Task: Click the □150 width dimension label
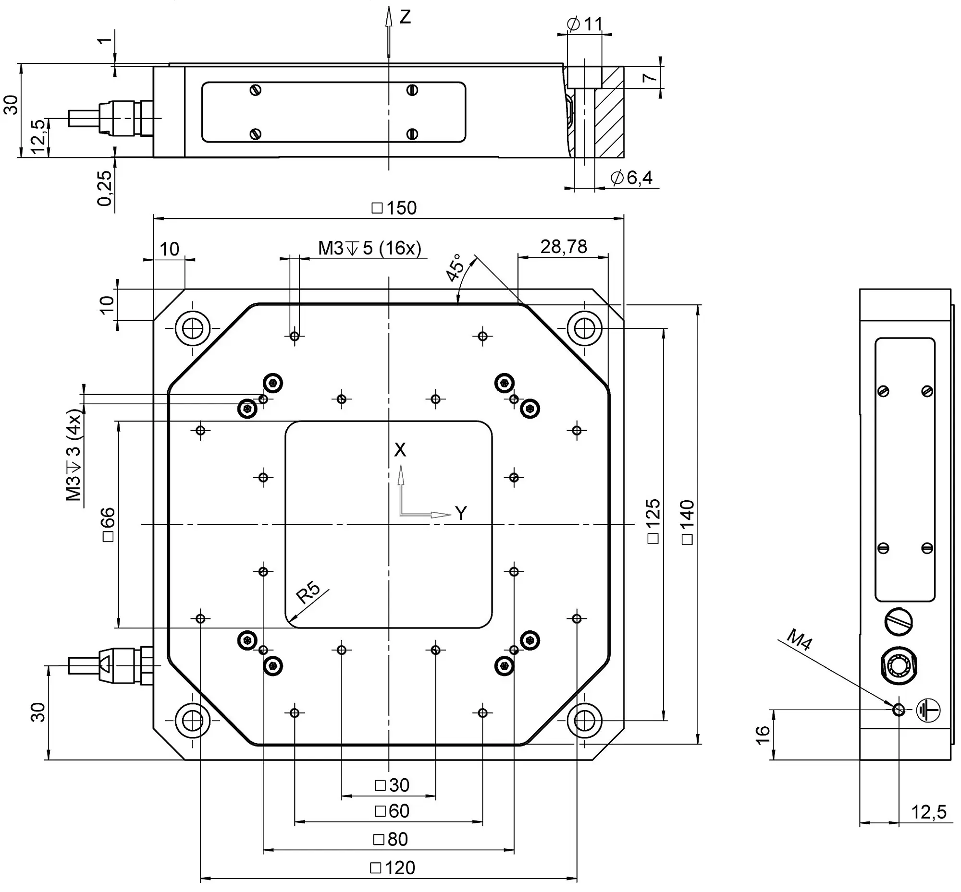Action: (x=394, y=208)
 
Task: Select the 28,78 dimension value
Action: (x=563, y=247)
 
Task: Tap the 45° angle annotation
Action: (x=455, y=268)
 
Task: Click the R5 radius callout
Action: (x=308, y=593)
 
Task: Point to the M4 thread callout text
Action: (x=800, y=640)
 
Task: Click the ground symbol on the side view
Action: (x=928, y=710)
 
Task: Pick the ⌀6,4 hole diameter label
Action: (x=631, y=178)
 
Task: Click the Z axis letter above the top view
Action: (x=406, y=17)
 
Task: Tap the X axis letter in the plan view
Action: (x=400, y=450)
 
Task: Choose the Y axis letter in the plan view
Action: (x=461, y=514)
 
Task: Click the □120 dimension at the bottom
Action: (x=393, y=868)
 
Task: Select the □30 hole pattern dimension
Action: (x=392, y=785)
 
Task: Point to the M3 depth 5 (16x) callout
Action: (x=370, y=248)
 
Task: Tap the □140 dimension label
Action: (x=687, y=522)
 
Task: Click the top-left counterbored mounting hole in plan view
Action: (x=193, y=328)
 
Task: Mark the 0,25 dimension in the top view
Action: (x=104, y=188)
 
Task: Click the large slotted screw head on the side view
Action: (x=899, y=621)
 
